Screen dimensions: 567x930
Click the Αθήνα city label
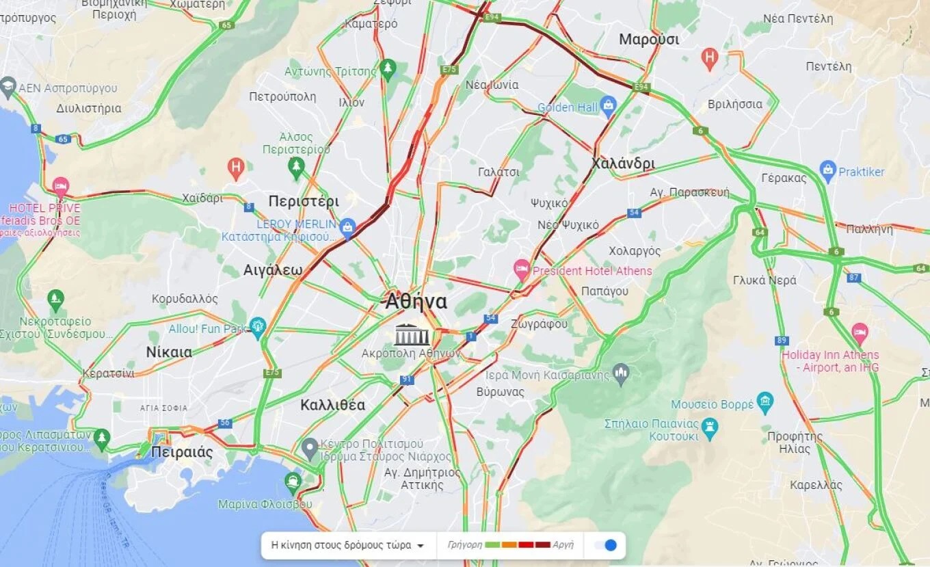tap(416, 302)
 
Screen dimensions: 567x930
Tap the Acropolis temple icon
tap(412, 335)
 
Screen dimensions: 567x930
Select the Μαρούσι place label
tap(649, 40)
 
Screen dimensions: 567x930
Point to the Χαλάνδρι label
tap(623, 163)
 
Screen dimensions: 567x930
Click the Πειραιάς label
tap(182, 452)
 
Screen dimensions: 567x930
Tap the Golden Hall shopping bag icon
tap(608, 105)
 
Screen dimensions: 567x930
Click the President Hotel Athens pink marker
tap(522, 268)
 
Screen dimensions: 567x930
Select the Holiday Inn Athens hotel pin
tap(860, 334)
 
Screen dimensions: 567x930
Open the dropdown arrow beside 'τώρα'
tap(421, 546)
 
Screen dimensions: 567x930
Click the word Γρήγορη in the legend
tap(465, 545)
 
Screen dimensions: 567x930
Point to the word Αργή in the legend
tap(563, 545)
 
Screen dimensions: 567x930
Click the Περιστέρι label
tap(304, 201)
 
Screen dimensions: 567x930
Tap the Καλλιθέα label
tap(333, 404)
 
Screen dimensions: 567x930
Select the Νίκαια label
tap(169, 352)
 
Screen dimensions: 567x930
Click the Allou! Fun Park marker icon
tap(257, 326)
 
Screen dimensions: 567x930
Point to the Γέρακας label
tap(784, 179)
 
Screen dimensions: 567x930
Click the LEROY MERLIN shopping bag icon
tap(348, 228)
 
